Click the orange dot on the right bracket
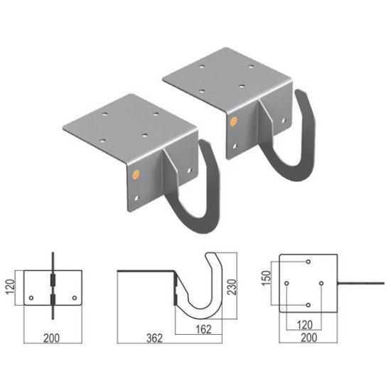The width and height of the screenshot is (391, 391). click(x=232, y=121)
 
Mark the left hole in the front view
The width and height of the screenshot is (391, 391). click(x=31, y=298)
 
